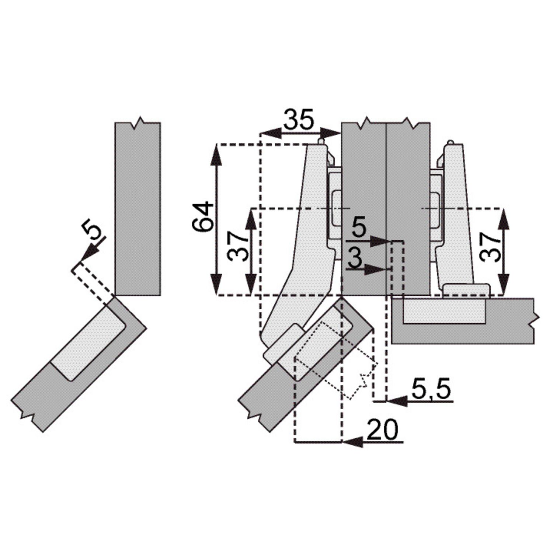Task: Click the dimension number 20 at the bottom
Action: click(383, 429)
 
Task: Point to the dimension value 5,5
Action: click(431, 389)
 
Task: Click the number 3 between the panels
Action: click(355, 258)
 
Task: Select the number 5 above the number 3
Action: click(359, 227)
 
